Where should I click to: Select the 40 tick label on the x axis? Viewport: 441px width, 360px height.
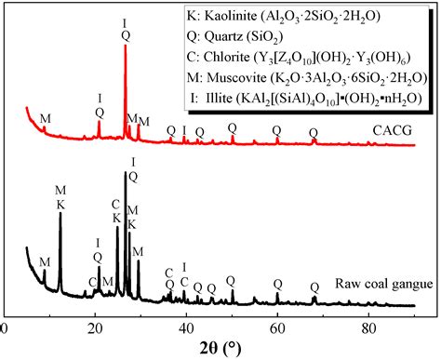click(x=185, y=327)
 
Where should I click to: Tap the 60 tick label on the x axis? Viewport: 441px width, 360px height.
click(x=276, y=327)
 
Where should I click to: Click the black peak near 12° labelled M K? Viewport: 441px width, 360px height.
click(x=60, y=213)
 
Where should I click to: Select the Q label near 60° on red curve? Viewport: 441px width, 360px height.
click(x=276, y=131)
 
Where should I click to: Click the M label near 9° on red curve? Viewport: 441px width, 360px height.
click(x=44, y=118)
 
